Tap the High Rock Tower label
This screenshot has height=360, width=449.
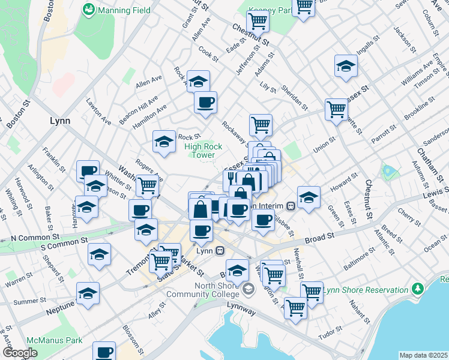pos(203,151)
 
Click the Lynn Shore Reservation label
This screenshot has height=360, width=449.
pos(366,290)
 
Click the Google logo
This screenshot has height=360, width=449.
pos(20,353)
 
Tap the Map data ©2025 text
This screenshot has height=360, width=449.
pos(423,355)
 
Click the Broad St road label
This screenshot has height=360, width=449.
pos(319,238)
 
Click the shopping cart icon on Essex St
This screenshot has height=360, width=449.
pos(336,109)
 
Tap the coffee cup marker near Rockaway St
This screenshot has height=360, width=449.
pos(206,101)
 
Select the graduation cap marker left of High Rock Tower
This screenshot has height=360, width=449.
pos(164,142)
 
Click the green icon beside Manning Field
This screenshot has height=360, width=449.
pos(89,10)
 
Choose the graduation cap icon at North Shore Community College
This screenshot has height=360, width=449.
pos(248,290)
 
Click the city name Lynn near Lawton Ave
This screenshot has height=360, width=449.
pos(59,121)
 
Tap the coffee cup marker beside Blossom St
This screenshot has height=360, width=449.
pos(104,352)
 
